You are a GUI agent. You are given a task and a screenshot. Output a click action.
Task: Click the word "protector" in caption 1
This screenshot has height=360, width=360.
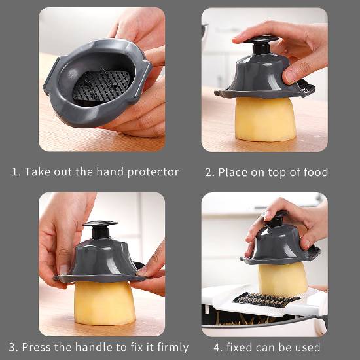pos(153,172)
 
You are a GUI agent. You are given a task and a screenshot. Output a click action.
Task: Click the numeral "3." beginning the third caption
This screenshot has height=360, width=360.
pos(14,347)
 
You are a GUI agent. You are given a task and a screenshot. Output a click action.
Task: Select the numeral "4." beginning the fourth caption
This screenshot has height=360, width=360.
pos(218,348)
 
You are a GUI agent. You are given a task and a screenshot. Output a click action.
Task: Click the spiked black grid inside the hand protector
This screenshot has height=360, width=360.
pos(101,86)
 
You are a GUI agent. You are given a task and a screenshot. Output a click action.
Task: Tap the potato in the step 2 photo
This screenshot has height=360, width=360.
pos(265,119)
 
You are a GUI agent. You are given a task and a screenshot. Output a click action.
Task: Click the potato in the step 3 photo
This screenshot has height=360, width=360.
pos(105,303)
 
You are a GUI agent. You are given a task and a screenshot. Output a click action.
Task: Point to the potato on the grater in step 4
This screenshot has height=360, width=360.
pos(283,279)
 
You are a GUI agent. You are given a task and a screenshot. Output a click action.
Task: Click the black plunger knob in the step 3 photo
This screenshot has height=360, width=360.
pos(100,229)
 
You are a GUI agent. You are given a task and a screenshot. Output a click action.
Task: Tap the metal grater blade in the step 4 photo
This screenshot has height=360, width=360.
pos(266,300)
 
